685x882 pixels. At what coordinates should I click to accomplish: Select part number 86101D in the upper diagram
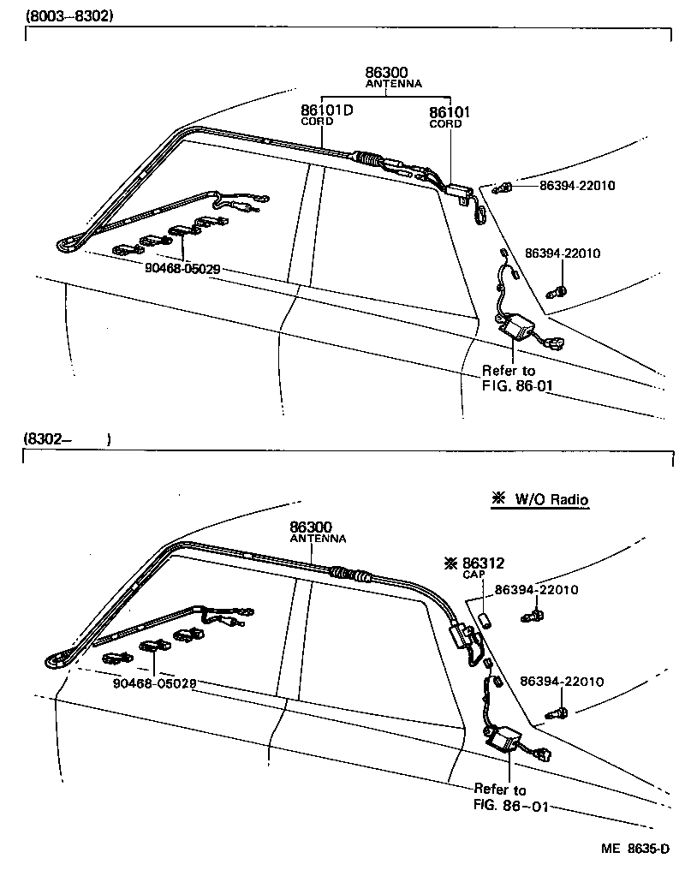click(x=326, y=111)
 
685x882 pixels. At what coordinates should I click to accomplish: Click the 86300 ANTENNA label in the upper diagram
click(x=392, y=78)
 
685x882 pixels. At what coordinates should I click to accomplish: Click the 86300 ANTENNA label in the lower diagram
click(x=317, y=532)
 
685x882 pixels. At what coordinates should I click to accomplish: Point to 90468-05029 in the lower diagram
click(x=155, y=683)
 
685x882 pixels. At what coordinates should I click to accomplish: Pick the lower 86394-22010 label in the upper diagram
click(x=562, y=253)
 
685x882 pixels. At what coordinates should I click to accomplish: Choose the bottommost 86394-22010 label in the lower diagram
click(x=562, y=682)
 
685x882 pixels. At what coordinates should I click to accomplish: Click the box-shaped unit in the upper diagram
click(x=518, y=325)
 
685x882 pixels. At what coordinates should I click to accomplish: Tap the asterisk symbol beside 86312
click(x=450, y=563)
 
